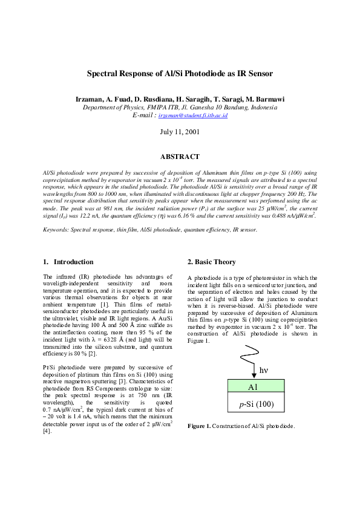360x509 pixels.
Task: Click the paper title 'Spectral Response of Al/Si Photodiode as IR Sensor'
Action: (180, 74)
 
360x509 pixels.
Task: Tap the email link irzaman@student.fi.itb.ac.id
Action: (189, 115)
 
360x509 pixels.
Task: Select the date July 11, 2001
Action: (180, 132)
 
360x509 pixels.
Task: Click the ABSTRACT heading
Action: (180, 157)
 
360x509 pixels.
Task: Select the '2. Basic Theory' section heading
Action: (212, 262)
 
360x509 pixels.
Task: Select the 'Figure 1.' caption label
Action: (199, 426)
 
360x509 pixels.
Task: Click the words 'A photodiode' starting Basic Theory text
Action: (206, 278)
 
